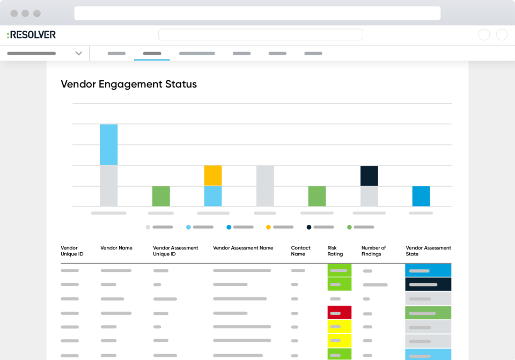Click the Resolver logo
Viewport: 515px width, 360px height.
tap(31, 35)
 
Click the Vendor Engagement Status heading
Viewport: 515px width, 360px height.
tap(129, 84)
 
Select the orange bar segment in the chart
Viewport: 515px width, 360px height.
tap(213, 175)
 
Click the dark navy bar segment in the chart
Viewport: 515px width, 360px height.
tap(369, 176)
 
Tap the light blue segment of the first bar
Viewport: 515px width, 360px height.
tap(108, 145)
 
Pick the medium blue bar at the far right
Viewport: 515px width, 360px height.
tap(421, 196)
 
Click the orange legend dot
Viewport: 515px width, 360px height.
tap(268, 227)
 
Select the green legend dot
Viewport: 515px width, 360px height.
tap(349, 227)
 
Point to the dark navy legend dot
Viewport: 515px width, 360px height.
tap(309, 227)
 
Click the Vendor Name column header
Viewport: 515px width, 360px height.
tap(116, 248)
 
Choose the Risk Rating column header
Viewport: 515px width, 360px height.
tap(335, 251)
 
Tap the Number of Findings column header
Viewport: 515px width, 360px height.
tap(373, 251)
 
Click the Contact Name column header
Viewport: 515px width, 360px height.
tap(300, 251)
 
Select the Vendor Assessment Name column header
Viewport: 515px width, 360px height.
tap(243, 248)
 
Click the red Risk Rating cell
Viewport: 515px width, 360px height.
tap(340, 313)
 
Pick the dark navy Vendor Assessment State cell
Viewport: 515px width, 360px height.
tap(428, 284)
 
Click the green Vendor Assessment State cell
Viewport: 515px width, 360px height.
tap(428, 313)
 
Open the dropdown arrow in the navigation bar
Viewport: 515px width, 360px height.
tap(79, 54)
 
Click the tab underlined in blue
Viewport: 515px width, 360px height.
tap(152, 54)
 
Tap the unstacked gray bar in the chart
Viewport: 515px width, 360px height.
tap(265, 186)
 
